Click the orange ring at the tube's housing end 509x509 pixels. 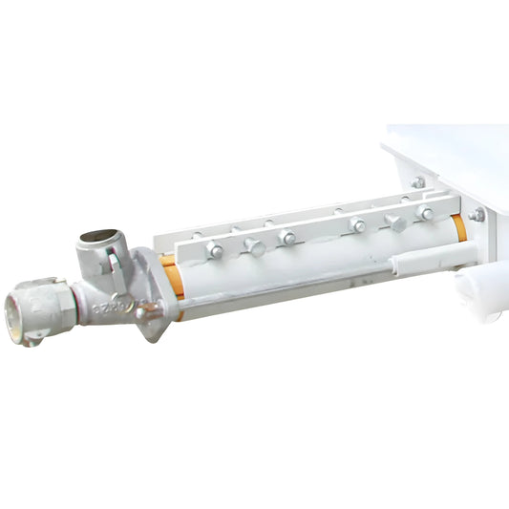(459, 227)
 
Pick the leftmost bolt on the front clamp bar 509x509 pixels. (214, 250)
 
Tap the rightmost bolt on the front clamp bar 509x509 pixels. (426, 214)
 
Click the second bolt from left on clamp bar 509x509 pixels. (254, 245)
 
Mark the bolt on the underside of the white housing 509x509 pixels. (418, 181)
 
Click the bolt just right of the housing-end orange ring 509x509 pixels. (477, 215)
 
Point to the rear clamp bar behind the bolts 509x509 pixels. (286, 214)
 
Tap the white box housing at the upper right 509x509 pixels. (449, 158)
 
